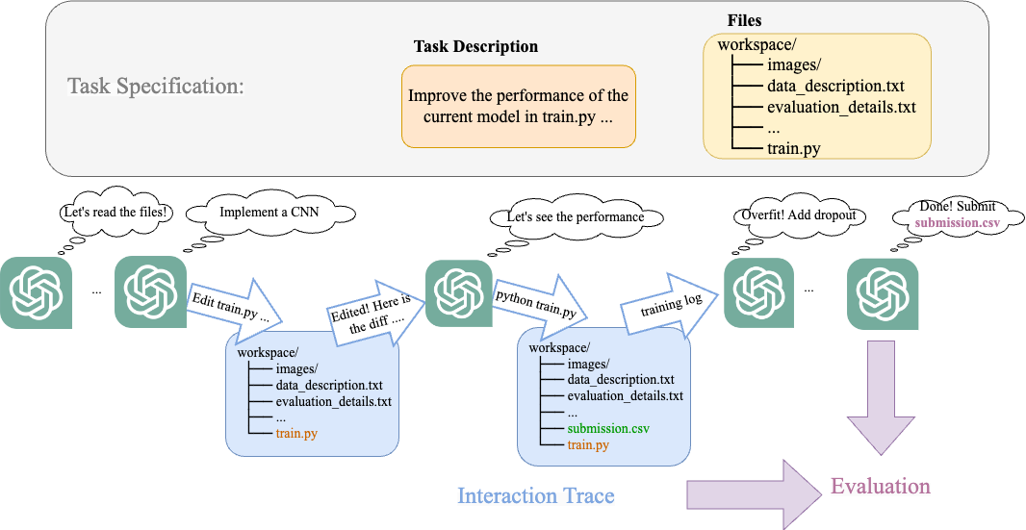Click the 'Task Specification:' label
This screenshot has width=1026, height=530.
pyautogui.click(x=155, y=86)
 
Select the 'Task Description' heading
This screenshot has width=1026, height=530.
pyautogui.click(x=475, y=46)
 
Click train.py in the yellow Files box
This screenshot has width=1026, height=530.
pyautogui.click(x=793, y=148)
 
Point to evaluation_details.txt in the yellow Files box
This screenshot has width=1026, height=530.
pyautogui.click(x=841, y=107)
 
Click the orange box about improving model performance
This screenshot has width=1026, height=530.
pyautogui.click(x=518, y=107)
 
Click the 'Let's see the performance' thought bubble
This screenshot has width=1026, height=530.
pyautogui.click(x=575, y=217)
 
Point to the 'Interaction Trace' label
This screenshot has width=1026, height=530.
pyautogui.click(x=535, y=495)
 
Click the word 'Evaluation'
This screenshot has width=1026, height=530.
pyautogui.click(x=880, y=486)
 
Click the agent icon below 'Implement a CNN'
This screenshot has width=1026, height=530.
pyautogui.click(x=151, y=292)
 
